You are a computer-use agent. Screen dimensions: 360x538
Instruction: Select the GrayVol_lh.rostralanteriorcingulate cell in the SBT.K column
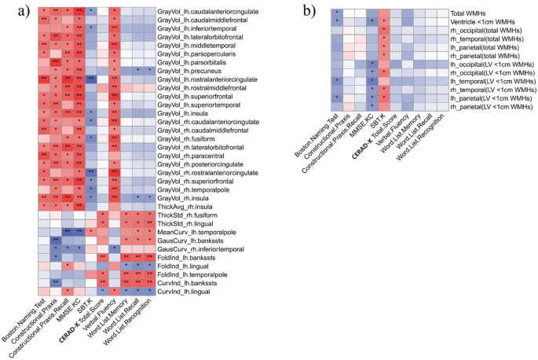point(91,79)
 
